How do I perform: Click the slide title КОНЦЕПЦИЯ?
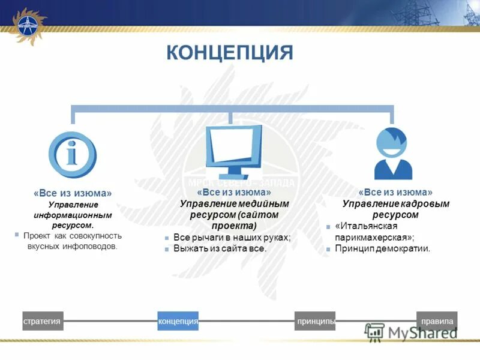pyautogui.click(x=229, y=52)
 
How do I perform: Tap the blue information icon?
pyautogui.click(x=73, y=154)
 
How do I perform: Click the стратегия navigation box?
pyautogui.click(x=43, y=322)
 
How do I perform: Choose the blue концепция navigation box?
pyautogui.click(x=178, y=322)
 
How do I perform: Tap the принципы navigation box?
pyautogui.click(x=315, y=322)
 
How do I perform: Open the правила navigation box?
pyautogui.click(x=437, y=322)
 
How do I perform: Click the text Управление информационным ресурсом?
pyautogui.click(x=73, y=215)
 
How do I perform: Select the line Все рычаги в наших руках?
pyautogui.click(x=232, y=238)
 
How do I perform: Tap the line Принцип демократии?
pyautogui.click(x=382, y=248)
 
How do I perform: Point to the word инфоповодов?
pyautogui.click(x=94, y=246)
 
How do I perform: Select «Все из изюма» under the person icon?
pyautogui.click(x=395, y=192)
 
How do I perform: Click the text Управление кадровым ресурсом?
pyautogui.click(x=395, y=209)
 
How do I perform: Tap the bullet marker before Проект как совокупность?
pyautogui.click(x=17, y=235)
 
